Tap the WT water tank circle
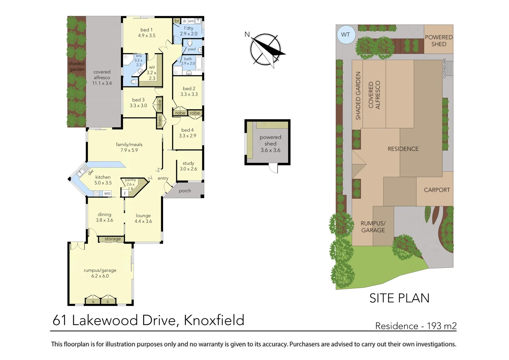pos(346,34)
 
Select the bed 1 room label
pos(146,30)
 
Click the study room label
pos(188,163)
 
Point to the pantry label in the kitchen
pos(130,180)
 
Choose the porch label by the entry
pos(185,191)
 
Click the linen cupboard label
pos(160,121)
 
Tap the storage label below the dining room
pos(112,239)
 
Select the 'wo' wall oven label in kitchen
pos(107,194)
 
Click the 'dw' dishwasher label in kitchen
pos(90,172)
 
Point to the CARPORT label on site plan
pos(437,190)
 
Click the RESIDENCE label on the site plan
pos(403,149)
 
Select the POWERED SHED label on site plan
pos(438,41)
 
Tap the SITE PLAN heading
pos(399,298)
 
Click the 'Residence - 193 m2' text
pos(416,326)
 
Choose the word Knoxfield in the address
pos(214,320)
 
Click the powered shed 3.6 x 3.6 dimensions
pos(270,150)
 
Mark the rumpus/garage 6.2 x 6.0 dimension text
pos(100,276)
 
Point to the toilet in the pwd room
pos(190,43)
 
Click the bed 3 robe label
pos(160,105)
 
